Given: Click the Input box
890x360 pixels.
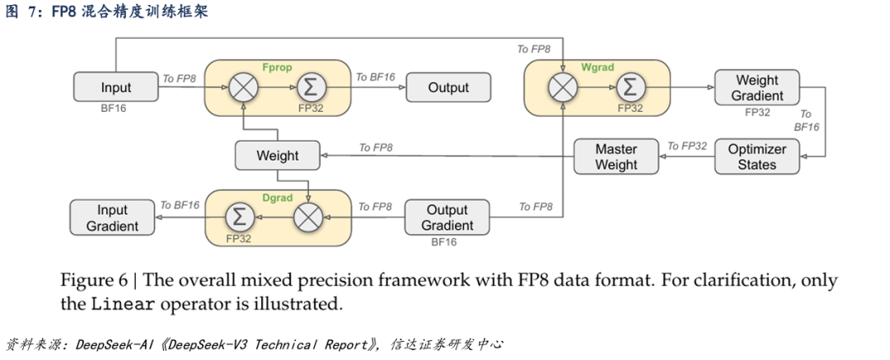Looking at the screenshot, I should pyautogui.click(x=115, y=87).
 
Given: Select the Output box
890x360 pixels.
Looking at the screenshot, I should pyautogui.click(x=447, y=87).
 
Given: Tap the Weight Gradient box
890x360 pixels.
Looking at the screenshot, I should pyautogui.click(x=756, y=87).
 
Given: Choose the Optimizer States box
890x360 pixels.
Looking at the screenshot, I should pyautogui.click(x=756, y=157).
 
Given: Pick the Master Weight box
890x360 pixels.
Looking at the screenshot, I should pyautogui.click(x=616, y=157).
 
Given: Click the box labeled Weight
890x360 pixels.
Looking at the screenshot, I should pyautogui.click(x=277, y=156).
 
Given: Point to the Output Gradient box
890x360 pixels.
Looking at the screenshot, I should pyautogui.click(x=447, y=217).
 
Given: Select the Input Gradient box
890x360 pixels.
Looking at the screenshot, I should pyautogui.click(x=112, y=217).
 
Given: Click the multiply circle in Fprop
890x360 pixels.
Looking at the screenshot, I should pyautogui.click(x=243, y=86).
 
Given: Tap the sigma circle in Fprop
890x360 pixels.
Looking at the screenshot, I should pyautogui.click(x=311, y=86).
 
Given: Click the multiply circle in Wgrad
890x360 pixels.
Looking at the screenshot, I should pyautogui.click(x=563, y=86).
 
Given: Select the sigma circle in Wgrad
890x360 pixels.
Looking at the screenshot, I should pyautogui.click(x=630, y=86).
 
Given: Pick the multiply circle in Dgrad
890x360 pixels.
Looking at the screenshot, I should pyautogui.click(x=307, y=217).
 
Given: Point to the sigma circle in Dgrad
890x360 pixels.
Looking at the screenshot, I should pyautogui.click(x=240, y=217).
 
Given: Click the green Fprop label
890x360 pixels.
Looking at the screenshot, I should pyautogui.click(x=275, y=67).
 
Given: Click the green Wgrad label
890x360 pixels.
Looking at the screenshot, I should pyautogui.click(x=597, y=67).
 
